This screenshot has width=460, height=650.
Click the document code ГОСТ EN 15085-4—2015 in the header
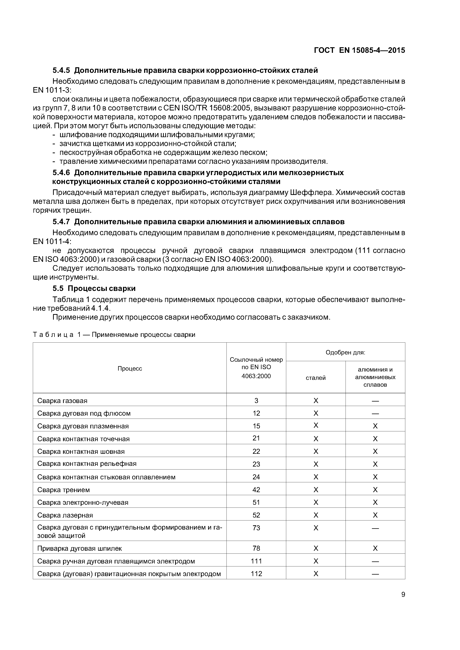359,50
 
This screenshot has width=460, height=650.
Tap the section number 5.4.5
61,70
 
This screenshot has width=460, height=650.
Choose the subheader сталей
316,378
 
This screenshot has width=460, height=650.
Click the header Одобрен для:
345,352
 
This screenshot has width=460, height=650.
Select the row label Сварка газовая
62,401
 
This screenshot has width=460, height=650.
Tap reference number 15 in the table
256,426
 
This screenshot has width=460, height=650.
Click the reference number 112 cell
256,573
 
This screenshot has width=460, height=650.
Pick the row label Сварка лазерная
65,515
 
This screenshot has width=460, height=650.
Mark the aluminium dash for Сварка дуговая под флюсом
375,413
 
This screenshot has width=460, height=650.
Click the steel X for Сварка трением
316,490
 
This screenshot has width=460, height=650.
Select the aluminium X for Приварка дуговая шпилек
375,548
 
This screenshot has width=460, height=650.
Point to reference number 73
256,528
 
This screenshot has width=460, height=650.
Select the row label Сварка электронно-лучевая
83,502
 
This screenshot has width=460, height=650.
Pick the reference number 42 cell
256,490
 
